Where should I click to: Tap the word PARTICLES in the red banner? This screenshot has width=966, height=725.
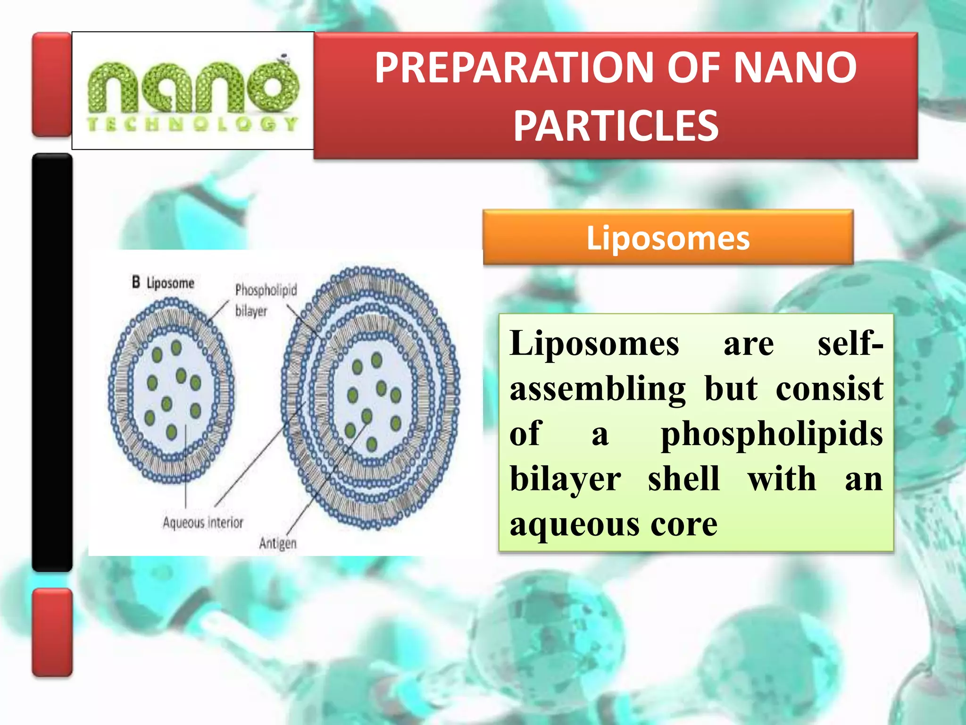point(616,126)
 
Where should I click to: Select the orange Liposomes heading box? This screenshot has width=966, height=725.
point(668,237)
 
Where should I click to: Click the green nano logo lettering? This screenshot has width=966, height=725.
point(193,87)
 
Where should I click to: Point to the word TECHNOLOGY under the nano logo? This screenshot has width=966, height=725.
point(192,124)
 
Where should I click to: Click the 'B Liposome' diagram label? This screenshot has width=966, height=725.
point(163,283)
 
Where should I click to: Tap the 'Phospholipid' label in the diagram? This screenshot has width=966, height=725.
point(266,289)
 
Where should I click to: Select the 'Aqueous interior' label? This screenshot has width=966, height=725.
point(203,523)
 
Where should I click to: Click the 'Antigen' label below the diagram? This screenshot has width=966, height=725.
point(278,543)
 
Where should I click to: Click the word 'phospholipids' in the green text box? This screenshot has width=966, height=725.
point(772,434)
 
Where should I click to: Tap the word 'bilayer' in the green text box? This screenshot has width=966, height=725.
point(565,479)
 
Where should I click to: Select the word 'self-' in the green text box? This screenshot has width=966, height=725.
point(850,344)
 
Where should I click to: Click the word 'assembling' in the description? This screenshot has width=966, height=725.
point(598,389)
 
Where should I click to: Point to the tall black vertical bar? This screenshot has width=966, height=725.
point(52,362)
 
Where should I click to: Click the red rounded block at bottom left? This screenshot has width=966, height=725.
point(52,632)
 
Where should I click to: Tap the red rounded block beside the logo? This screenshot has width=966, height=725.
point(51,84)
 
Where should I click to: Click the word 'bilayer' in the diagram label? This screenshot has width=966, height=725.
point(251,311)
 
